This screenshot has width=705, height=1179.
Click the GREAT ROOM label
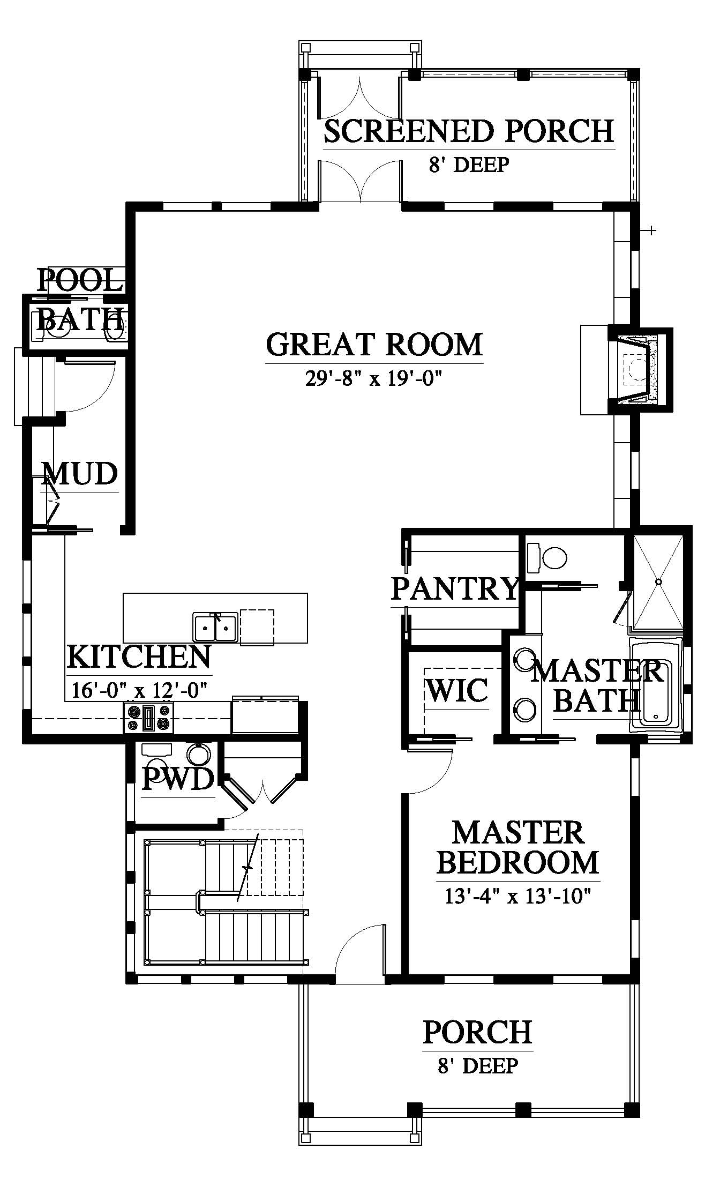pos(374,345)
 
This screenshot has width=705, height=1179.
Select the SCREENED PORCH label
pos(469,131)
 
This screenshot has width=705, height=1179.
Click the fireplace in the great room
pos(638,370)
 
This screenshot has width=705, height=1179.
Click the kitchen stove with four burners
pos(149,718)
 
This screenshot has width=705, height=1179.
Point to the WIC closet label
pos(457,690)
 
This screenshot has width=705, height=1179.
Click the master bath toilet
pos(547,558)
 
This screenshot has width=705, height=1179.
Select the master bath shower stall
pos(658,581)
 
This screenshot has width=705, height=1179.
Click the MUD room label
pos(80,474)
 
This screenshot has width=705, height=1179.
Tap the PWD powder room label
pos(177,779)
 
